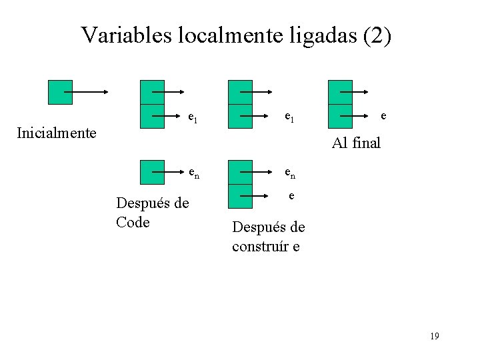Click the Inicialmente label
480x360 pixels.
click(57, 133)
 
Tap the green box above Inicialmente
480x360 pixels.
click(60, 92)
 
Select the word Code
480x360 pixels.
click(133, 222)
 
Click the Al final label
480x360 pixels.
click(356, 142)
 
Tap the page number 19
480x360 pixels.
click(434, 336)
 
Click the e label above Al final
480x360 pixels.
click(383, 115)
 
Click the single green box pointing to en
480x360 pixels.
click(152, 172)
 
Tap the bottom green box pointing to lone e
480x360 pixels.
click(240, 196)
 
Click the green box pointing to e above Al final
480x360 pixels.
click(340, 116)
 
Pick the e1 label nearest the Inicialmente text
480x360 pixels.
click(192, 119)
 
